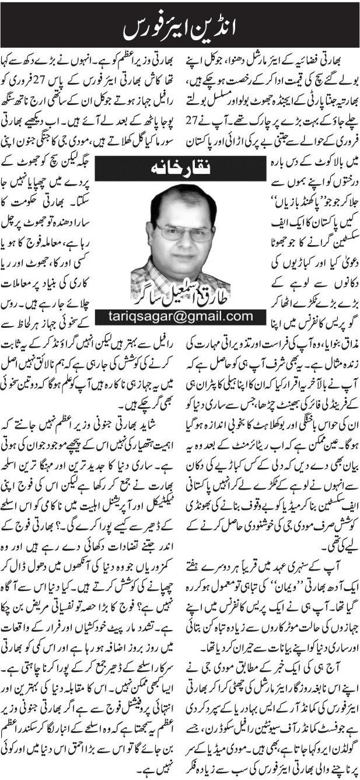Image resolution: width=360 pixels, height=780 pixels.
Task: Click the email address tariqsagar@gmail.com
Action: (x=180, y=316)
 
